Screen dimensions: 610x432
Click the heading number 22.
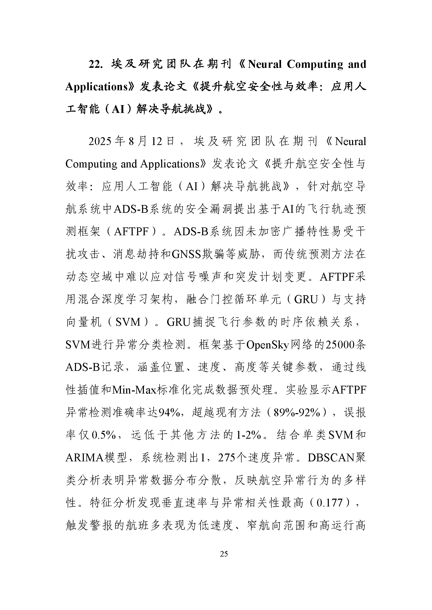(95, 65)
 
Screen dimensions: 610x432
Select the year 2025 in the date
(100, 141)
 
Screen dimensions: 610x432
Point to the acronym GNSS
(186, 254)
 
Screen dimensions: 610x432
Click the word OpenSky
(268, 345)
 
